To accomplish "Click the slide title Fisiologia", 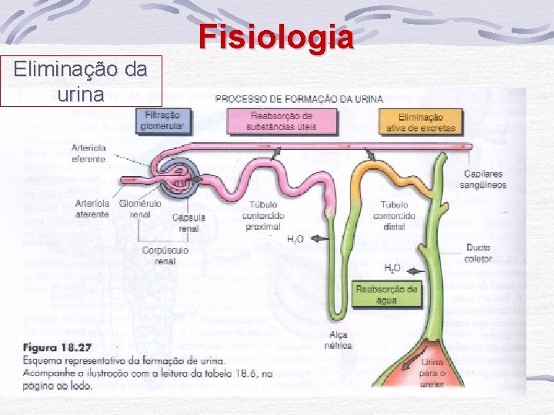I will point(276,36).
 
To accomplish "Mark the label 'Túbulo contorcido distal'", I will point(399,216).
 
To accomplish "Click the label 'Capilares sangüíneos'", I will point(483,179).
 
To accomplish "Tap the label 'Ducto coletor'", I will point(478,254).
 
